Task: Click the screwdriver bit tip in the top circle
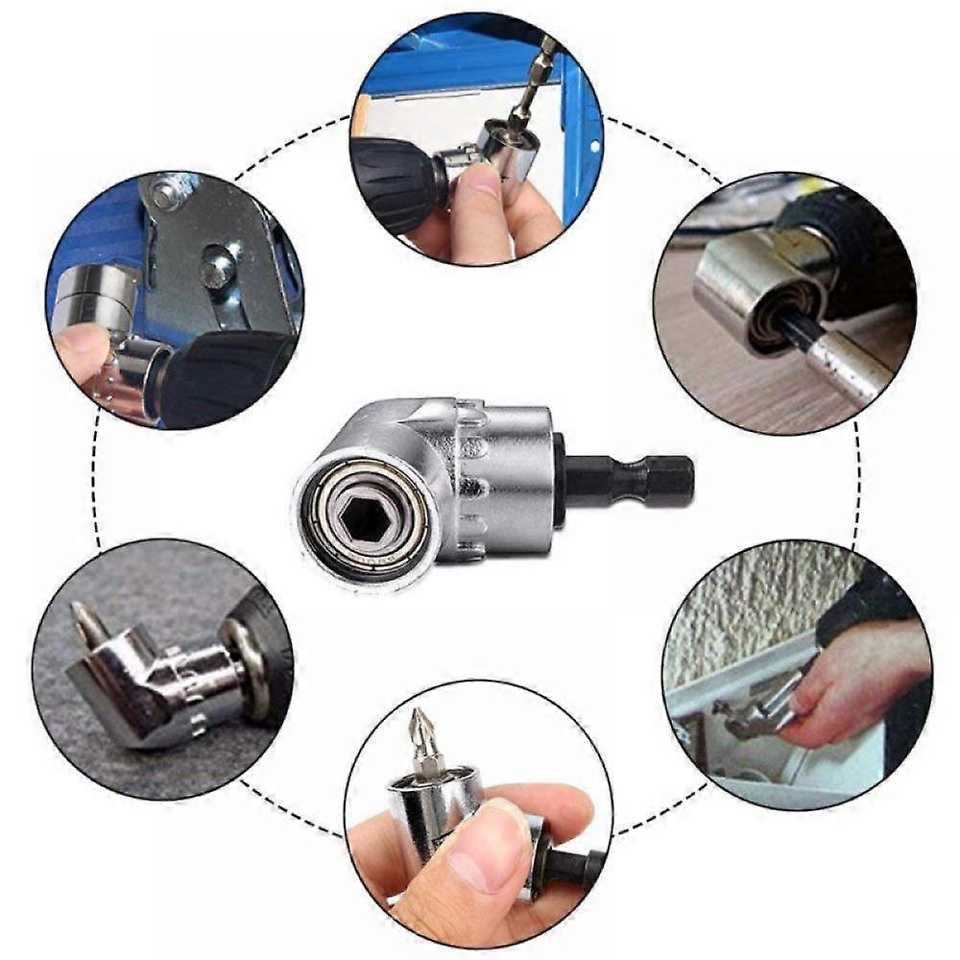point(547,48)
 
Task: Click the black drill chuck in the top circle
point(394,182)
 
